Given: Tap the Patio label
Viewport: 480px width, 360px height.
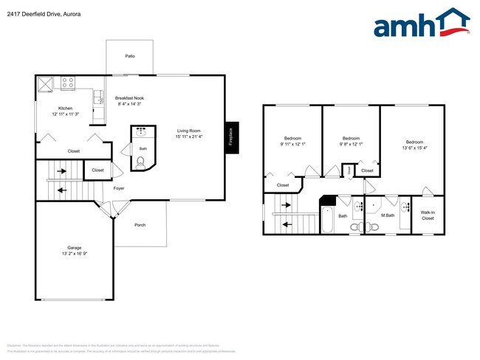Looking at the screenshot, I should click(x=130, y=56).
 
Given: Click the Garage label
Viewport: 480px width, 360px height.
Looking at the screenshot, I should click(x=75, y=247).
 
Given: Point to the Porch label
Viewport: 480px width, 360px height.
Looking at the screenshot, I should click(x=140, y=225).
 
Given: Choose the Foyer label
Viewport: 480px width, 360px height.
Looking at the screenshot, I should click(x=119, y=188).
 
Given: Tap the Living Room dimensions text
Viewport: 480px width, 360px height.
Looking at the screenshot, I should click(x=189, y=136).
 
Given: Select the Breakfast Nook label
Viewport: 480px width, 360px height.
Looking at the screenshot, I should click(x=129, y=98).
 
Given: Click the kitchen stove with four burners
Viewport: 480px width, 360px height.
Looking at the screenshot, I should click(x=69, y=83).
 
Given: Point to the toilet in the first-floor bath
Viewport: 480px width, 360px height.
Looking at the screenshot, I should click(x=142, y=162).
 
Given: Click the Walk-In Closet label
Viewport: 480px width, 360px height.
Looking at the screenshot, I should click(x=428, y=215).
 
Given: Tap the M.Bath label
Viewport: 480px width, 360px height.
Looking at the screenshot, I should click(x=385, y=215).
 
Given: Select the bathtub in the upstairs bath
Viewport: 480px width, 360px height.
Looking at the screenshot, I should click(x=328, y=218).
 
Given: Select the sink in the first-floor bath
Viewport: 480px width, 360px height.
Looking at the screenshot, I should click(x=142, y=135).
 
